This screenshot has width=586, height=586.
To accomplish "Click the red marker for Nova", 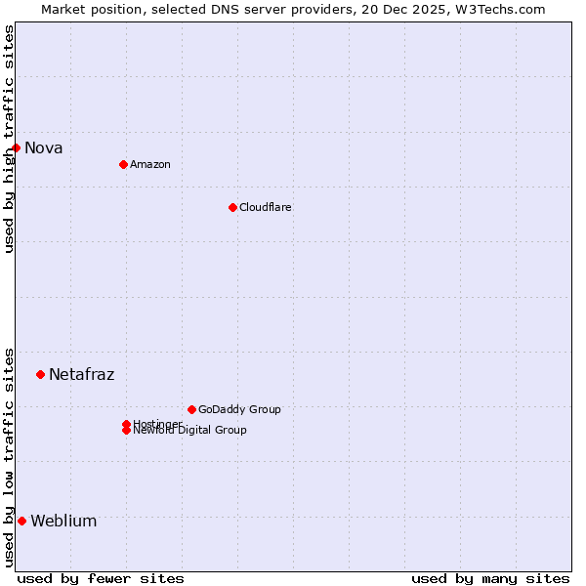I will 17,147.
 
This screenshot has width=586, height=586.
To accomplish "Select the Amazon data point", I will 123,164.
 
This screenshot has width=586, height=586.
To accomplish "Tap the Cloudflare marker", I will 232,207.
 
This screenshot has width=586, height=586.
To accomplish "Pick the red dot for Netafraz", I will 40,374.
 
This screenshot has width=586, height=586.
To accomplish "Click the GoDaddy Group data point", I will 191,409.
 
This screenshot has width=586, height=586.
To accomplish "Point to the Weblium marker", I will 21,521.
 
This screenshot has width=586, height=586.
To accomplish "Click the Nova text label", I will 44,148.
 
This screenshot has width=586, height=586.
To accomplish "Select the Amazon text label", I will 150,164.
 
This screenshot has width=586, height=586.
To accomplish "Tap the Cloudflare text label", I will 266,207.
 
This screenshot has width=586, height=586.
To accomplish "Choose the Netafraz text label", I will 82,375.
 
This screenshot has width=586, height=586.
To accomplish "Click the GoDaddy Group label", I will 239,409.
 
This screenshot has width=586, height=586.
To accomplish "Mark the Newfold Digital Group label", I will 190,431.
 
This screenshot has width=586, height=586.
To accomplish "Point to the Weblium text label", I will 64,522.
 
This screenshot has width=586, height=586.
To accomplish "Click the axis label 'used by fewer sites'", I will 101,578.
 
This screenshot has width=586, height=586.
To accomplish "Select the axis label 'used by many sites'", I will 490,578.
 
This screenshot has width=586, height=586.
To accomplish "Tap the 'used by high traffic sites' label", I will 9,139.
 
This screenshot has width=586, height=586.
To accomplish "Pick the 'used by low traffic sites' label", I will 9,456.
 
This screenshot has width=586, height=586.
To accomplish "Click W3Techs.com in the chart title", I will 497,9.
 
